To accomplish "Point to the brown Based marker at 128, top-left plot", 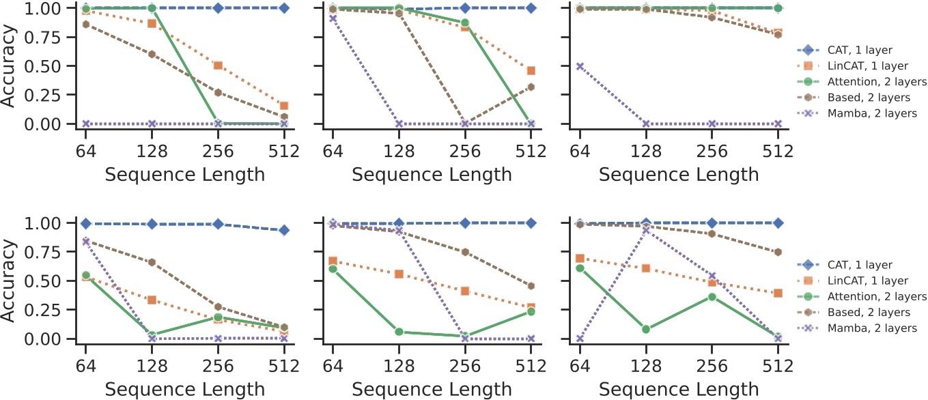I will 152,54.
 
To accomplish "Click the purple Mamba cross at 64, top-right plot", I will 580,66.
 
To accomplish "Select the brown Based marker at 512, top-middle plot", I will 531,87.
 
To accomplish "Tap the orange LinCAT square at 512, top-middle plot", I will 531,70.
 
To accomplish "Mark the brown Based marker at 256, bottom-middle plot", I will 464,252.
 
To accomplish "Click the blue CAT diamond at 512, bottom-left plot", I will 284,230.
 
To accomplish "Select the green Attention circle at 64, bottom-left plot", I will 85,275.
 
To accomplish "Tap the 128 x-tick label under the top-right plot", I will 646,151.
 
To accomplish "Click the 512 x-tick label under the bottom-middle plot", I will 531,366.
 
